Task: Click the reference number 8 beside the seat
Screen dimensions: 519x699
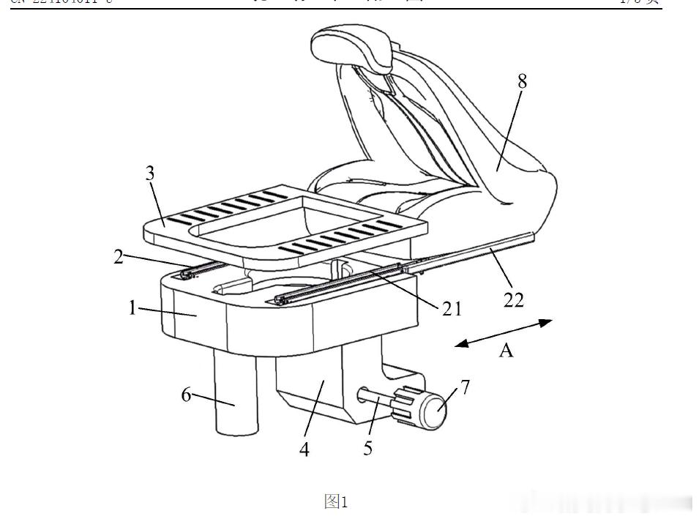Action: point(522,81)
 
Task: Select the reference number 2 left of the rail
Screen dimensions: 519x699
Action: point(119,258)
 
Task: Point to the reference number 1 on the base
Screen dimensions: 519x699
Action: point(132,307)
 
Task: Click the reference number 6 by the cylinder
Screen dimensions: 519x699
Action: point(186,395)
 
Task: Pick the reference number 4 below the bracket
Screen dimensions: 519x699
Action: point(304,450)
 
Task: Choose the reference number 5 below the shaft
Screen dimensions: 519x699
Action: point(367,448)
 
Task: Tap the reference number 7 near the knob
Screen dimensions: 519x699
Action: point(466,386)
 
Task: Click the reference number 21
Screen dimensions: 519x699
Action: point(452,309)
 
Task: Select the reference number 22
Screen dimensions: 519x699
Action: point(515,299)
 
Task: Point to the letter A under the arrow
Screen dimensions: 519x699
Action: point(506,352)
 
